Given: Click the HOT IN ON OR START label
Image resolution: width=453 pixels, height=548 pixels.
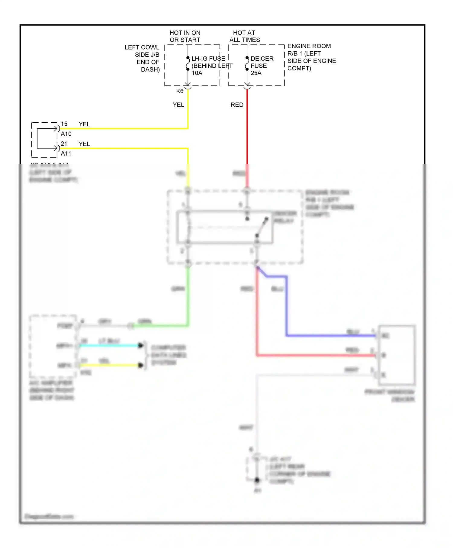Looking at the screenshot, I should pos(185,36).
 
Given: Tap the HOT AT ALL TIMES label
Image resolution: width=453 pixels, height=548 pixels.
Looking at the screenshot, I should pos(244,36).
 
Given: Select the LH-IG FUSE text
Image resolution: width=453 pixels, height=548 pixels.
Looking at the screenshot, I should pos(208,59).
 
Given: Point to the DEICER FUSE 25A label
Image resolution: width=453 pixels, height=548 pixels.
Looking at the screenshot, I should pos(262,66).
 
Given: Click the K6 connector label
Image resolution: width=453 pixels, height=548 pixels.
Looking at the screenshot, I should pos(180,91).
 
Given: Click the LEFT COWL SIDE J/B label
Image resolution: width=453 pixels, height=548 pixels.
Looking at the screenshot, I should pos(142,58).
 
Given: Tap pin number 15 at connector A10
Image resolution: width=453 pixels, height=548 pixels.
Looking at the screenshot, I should pos(64,124).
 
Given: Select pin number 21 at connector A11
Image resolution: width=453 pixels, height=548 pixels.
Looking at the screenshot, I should pos(64,144).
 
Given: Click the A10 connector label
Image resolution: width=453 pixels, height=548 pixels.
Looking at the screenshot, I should pos(66,134).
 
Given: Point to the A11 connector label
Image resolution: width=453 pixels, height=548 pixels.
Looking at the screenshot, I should pos(66,153).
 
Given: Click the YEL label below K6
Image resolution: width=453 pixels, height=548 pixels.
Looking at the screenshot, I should pos(178,105).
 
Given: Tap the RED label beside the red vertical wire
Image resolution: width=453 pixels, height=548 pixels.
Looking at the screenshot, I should pos(237,105).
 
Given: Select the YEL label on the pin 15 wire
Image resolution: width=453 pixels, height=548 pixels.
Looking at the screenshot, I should pos(84,124).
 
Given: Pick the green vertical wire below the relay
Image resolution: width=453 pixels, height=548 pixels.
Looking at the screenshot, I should pos(188,296).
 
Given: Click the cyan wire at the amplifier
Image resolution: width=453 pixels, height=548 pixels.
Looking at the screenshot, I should pos(109,345).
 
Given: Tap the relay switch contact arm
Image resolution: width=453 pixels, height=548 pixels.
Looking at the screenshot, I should pos(262,227).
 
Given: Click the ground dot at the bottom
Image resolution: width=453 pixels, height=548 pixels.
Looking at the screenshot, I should pos(257,480).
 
